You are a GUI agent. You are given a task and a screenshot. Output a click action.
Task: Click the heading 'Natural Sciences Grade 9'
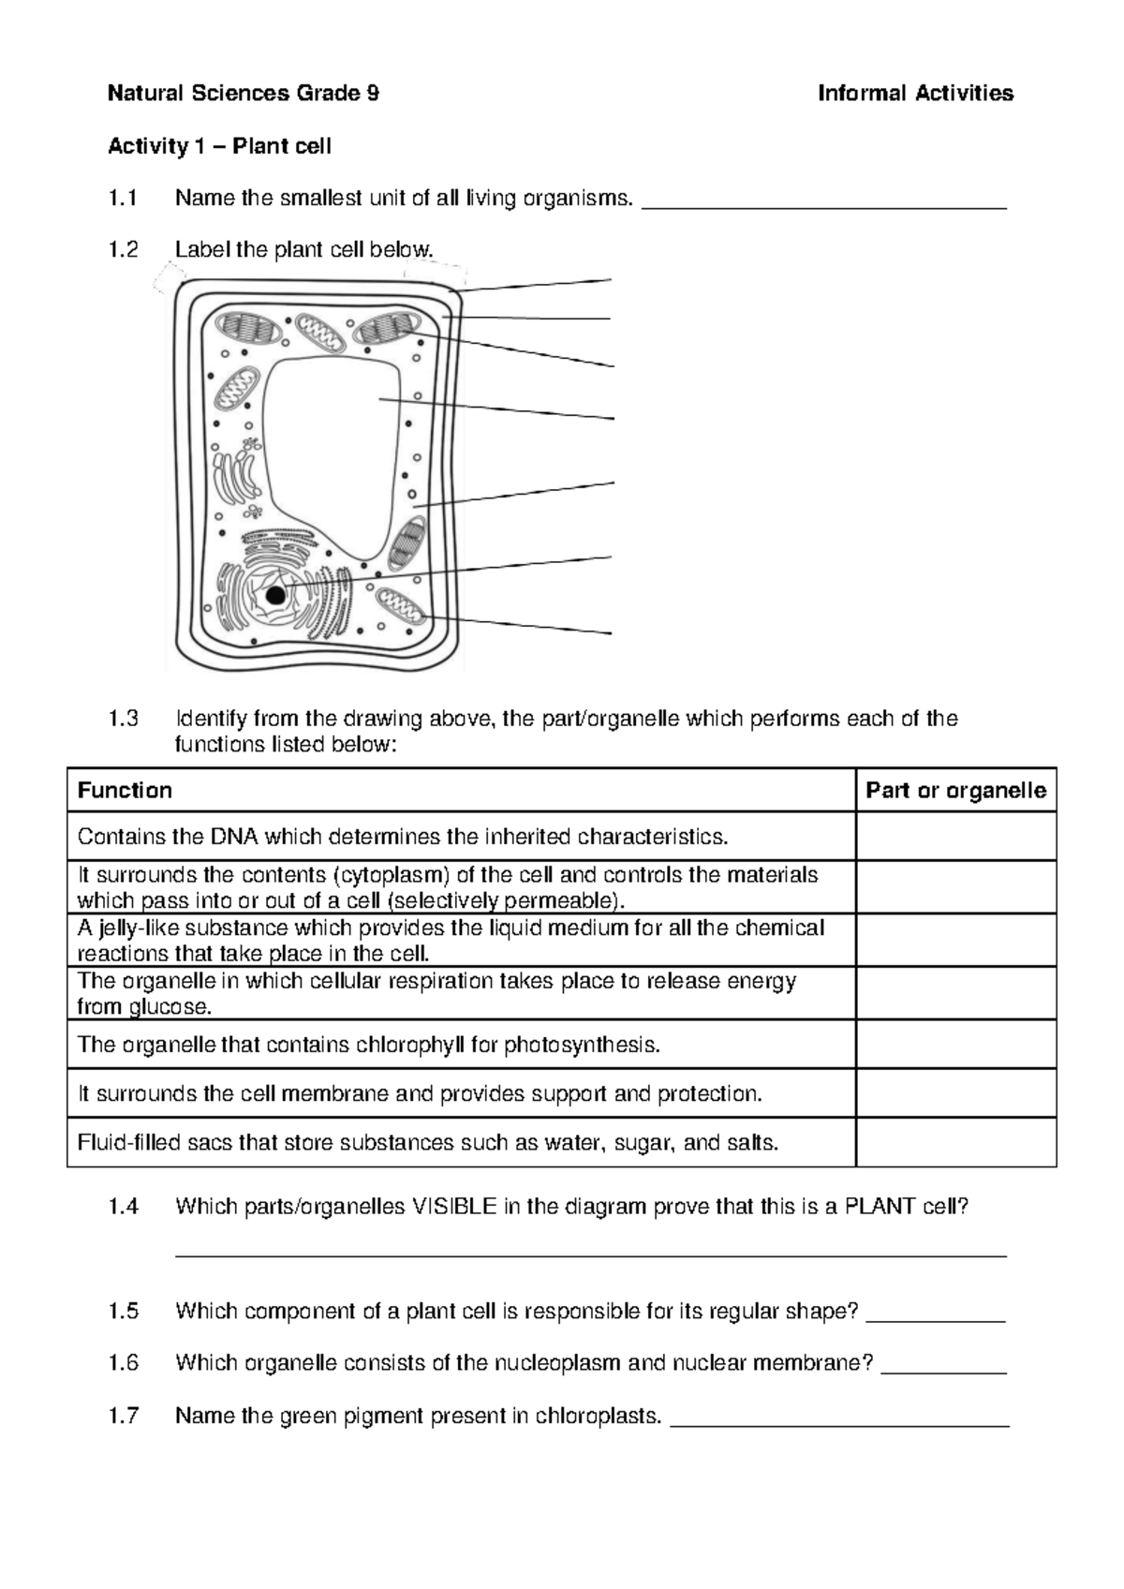pos(244,93)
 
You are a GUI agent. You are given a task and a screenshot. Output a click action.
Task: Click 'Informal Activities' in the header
pos(915,93)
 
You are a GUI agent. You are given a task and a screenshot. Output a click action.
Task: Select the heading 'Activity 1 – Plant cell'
pos(219,146)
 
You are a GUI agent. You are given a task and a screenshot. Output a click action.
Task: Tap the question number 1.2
pos(123,250)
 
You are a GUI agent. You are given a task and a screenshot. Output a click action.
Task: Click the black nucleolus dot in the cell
pos(275,596)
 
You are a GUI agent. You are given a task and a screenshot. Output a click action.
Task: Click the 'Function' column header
pos(125,791)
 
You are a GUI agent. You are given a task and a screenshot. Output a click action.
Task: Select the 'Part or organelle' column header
pos(955,791)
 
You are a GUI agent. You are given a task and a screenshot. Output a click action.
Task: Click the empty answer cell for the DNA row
pos(955,836)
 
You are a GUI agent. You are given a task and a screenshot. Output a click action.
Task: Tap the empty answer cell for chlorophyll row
pos(955,1044)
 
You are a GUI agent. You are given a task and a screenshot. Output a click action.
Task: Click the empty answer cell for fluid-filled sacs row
pos(955,1142)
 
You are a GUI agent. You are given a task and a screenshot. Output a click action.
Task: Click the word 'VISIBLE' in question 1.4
pos(454,1207)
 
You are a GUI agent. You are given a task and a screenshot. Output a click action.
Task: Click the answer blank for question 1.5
pos(936,1315)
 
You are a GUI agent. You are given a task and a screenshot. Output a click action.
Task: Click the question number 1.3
pos(123,720)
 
